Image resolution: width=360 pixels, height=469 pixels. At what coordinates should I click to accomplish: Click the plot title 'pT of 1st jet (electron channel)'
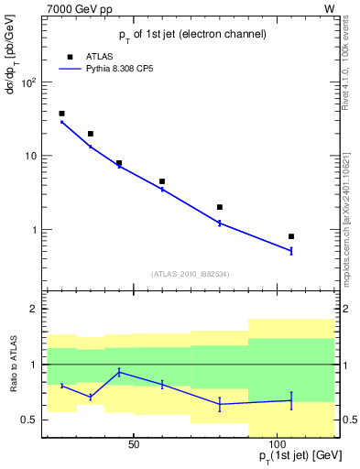click(x=191, y=34)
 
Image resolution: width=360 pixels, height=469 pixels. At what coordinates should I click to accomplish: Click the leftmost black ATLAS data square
click(x=61, y=114)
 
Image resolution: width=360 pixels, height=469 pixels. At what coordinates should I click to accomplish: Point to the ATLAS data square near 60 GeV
click(x=162, y=181)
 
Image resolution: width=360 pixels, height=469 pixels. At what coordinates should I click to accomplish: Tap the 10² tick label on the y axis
click(x=27, y=82)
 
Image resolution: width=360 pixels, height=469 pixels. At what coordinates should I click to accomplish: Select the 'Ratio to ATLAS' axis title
click(x=12, y=367)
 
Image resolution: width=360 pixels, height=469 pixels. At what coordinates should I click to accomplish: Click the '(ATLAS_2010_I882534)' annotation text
click(x=191, y=273)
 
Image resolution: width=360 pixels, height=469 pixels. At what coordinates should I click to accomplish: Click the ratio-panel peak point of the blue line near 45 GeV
click(x=119, y=372)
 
